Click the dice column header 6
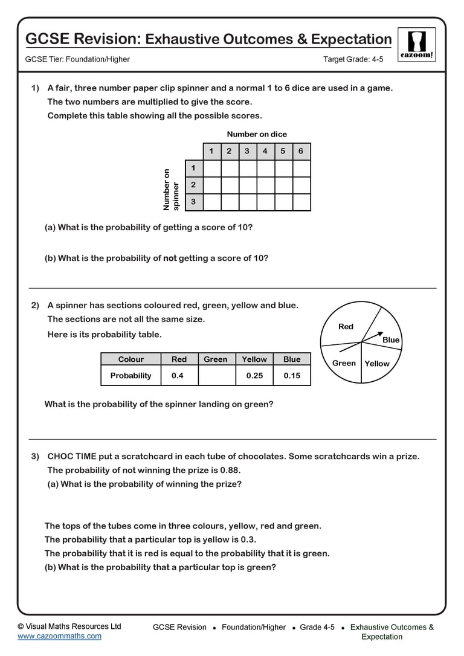[301, 151]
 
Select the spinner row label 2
[193, 185]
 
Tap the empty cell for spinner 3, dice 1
[211, 202]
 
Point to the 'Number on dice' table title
[257, 134]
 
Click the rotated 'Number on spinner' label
[171, 189]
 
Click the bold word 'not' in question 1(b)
[170, 258]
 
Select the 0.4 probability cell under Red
[178, 376]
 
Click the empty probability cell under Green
[216, 376]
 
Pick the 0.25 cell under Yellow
[254, 376]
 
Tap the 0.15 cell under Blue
[292, 376]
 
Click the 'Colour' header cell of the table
[130, 359]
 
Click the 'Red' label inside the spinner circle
[346, 327]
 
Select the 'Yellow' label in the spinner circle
[377, 364]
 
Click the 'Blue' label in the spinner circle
[391, 340]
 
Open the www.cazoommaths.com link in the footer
[59, 636]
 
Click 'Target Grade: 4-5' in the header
[353, 59]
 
